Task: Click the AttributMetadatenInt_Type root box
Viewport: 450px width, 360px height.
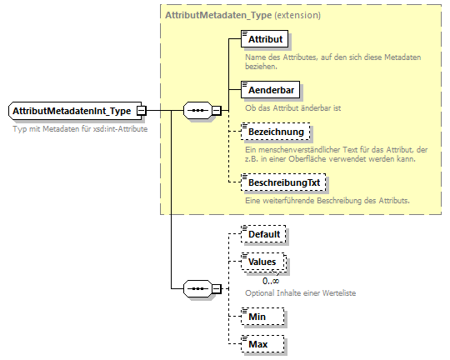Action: coord(72,110)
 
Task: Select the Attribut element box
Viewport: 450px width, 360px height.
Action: coord(265,39)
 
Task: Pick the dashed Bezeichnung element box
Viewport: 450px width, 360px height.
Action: coord(274,132)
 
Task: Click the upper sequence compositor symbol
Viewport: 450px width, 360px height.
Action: coord(197,110)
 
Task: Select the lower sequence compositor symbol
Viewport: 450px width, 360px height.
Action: coord(197,288)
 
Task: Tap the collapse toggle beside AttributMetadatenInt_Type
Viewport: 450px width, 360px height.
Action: coord(142,110)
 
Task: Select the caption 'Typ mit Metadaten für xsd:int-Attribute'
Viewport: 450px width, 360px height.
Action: coord(80,129)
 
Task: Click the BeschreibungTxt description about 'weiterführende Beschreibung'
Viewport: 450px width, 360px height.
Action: coord(327,200)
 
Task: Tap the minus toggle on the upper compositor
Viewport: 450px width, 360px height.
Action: coord(216,110)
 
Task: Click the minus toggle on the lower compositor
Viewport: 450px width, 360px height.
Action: coord(216,288)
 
